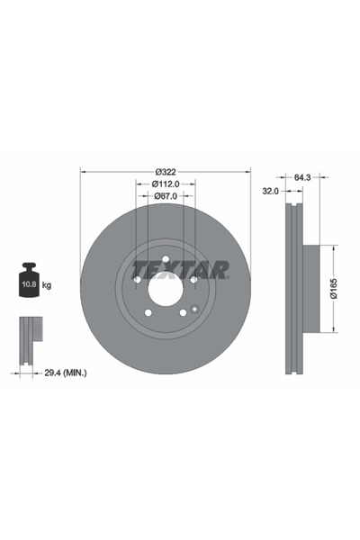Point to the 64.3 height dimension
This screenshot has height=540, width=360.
[301, 177]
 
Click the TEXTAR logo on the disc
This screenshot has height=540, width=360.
[180, 269]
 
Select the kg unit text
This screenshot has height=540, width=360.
[48, 284]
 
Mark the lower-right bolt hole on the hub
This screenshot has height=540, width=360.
[183, 312]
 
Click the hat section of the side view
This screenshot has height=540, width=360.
[310, 288]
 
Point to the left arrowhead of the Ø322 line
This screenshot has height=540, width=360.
[84, 171]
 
